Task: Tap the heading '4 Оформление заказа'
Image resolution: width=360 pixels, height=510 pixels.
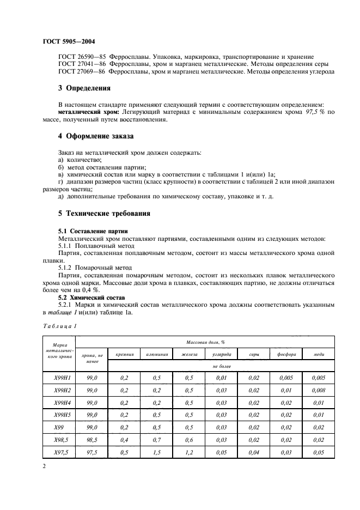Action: click(96, 135)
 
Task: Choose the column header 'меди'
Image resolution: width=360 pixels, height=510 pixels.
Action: click(319, 354)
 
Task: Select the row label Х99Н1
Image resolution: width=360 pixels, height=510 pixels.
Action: click(58, 377)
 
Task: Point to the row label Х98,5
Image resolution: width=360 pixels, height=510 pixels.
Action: click(58, 439)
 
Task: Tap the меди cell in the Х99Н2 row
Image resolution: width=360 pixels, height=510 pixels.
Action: click(319, 390)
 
